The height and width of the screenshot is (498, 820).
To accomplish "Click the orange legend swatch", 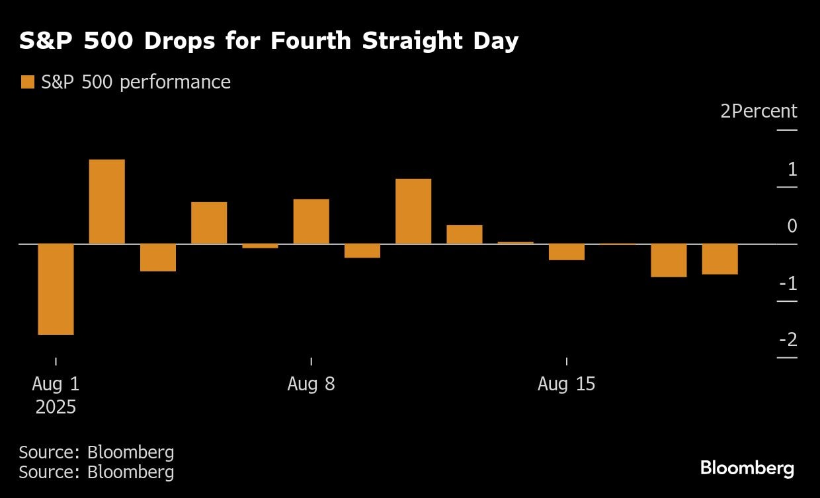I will pyautogui.click(x=27, y=82).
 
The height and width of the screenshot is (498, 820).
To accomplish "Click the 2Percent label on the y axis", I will pyautogui.click(x=758, y=111).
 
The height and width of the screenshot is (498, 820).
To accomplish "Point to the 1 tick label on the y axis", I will pyautogui.click(x=792, y=169).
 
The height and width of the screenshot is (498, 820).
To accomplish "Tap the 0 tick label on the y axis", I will pyautogui.click(x=792, y=226).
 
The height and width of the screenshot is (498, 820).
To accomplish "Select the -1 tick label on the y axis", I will pyautogui.click(x=789, y=283).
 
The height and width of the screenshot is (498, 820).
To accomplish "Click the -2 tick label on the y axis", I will pyautogui.click(x=788, y=340).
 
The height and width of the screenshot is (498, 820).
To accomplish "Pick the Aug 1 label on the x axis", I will pyautogui.click(x=56, y=384).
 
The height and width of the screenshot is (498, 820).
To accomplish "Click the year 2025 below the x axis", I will pyautogui.click(x=56, y=407).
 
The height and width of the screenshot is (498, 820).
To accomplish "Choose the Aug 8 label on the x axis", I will pyautogui.click(x=311, y=384).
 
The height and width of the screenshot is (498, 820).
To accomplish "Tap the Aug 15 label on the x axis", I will pyautogui.click(x=566, y=384).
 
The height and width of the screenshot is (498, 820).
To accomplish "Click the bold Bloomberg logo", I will pyautogui.click(x=747, y=468).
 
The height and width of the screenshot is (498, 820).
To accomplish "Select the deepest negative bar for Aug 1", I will pyautogui.click(x=56, y=289).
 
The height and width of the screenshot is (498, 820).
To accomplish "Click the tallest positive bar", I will pyautogui.click(x=107, y=201).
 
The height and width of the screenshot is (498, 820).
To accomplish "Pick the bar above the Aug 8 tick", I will pyautogui.click(x=311, y=221).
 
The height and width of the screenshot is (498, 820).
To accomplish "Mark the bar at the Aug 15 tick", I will pyautogui.click(x=566, y=252).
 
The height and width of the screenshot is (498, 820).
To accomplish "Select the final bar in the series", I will pyautogui.click(x=719, y=259).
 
